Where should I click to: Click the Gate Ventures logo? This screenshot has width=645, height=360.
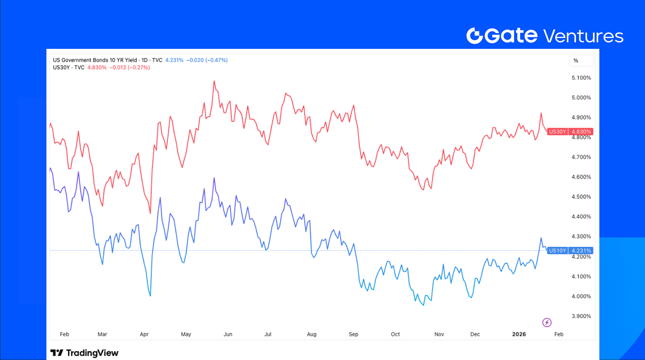(545, 35)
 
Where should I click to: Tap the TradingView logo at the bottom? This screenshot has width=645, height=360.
(84, 353)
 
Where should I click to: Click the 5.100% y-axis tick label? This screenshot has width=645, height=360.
(581, 78)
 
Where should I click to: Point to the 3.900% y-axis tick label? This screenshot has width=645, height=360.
(581, 316)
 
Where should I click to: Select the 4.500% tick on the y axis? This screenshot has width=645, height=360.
(581, 197)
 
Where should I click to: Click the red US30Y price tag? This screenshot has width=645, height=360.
(569, 132)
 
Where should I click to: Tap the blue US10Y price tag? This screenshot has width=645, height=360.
(569, 251)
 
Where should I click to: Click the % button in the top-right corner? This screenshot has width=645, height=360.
(576, 60)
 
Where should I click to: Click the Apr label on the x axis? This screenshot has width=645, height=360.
(144, 334)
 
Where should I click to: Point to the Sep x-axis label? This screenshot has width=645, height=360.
(354, 334)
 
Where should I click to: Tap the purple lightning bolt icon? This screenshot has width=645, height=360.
(547, 322)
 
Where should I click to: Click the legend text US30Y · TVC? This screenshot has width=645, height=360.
(67, 67)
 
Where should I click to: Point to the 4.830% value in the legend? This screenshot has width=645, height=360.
(97, 67)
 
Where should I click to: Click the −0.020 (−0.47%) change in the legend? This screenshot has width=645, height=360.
(207, 60)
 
